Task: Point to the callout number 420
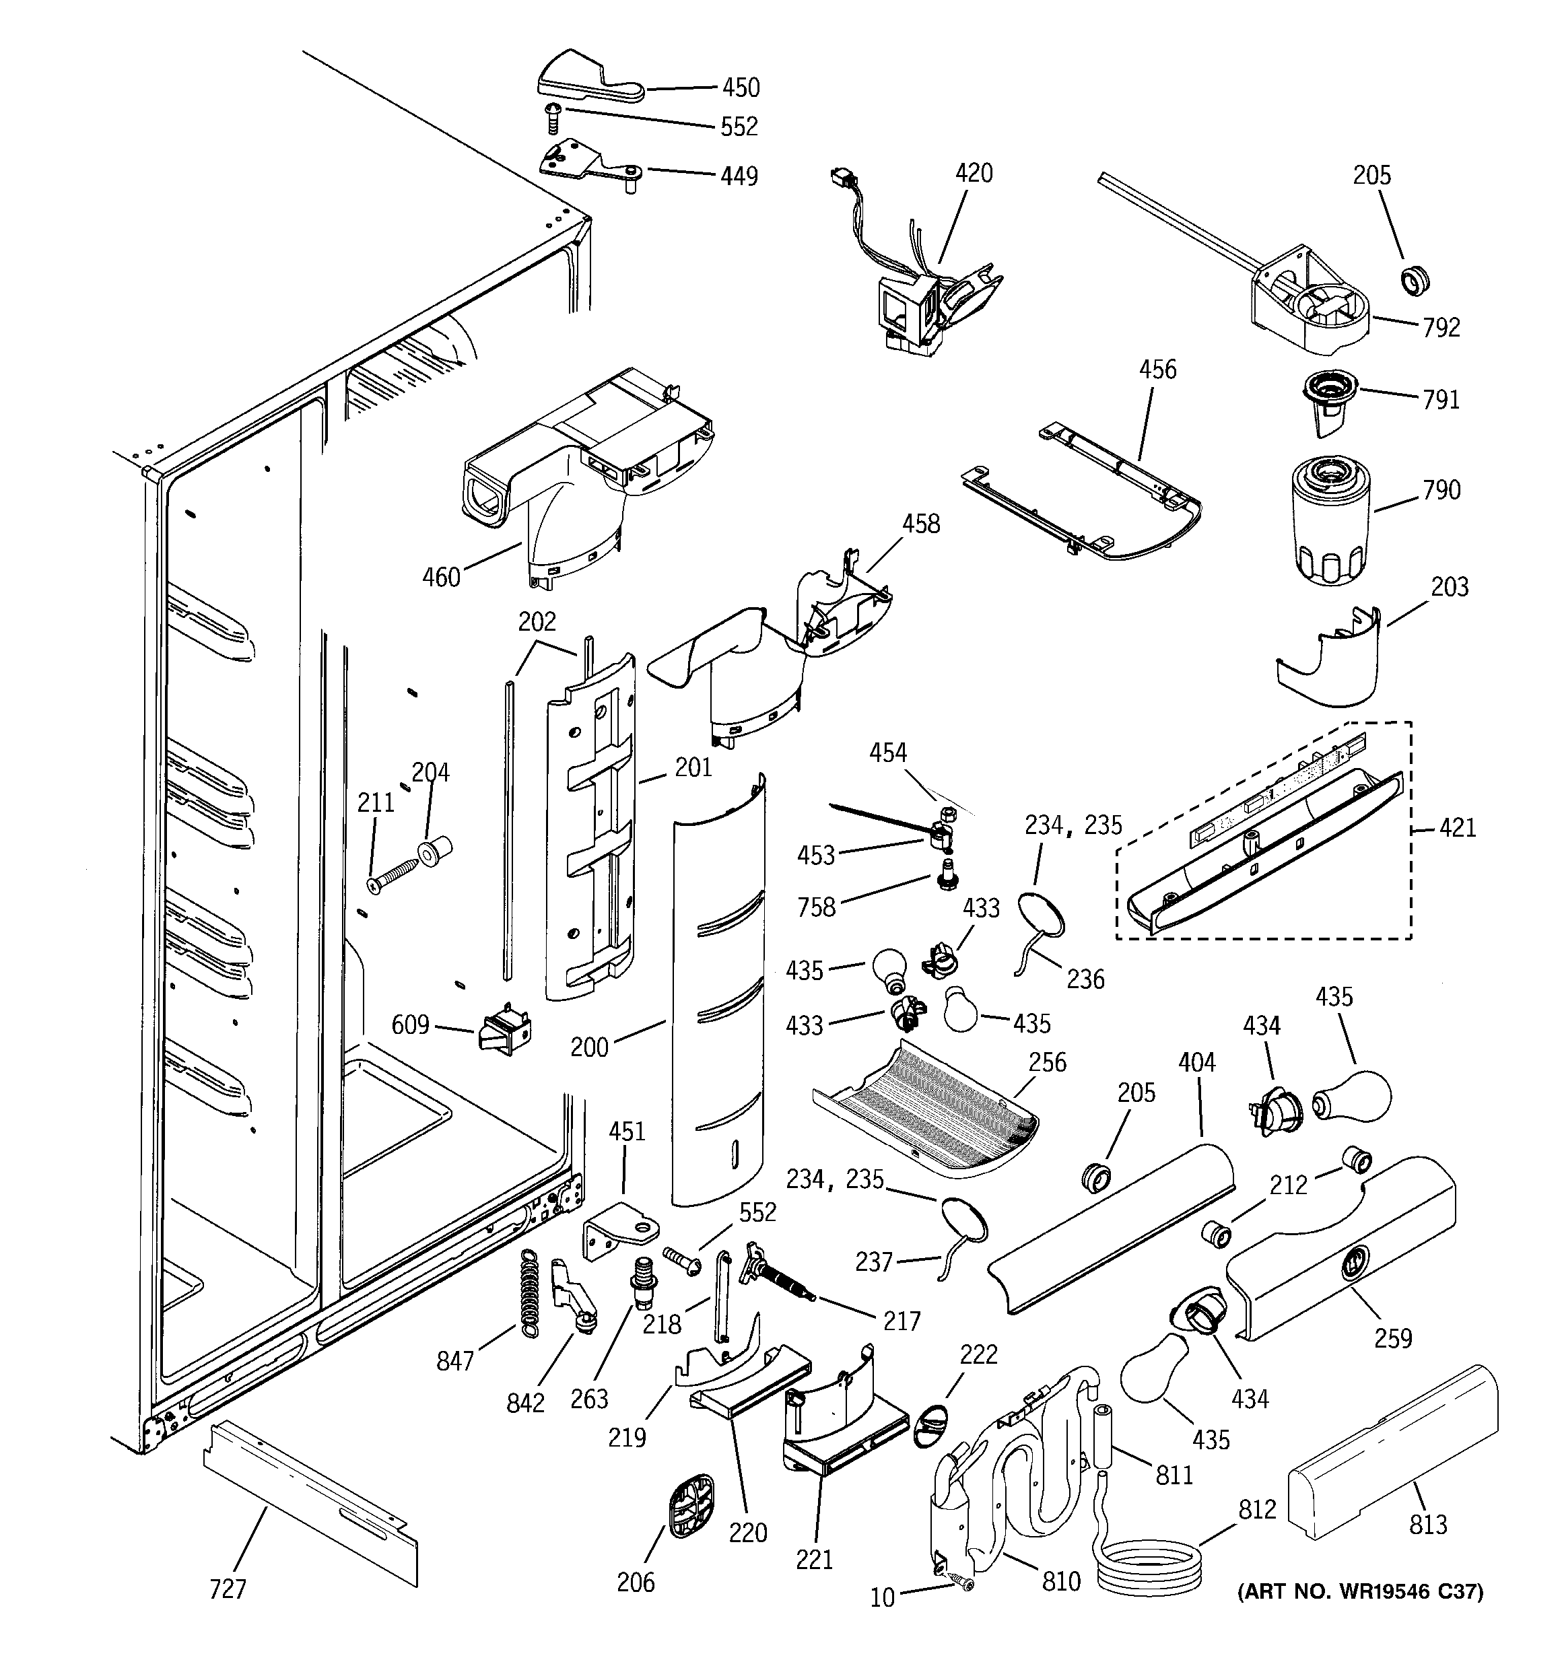(974, 174)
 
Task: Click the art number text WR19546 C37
(1360, 1591)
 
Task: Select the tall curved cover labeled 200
(719, 995)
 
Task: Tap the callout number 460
(441, 577)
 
